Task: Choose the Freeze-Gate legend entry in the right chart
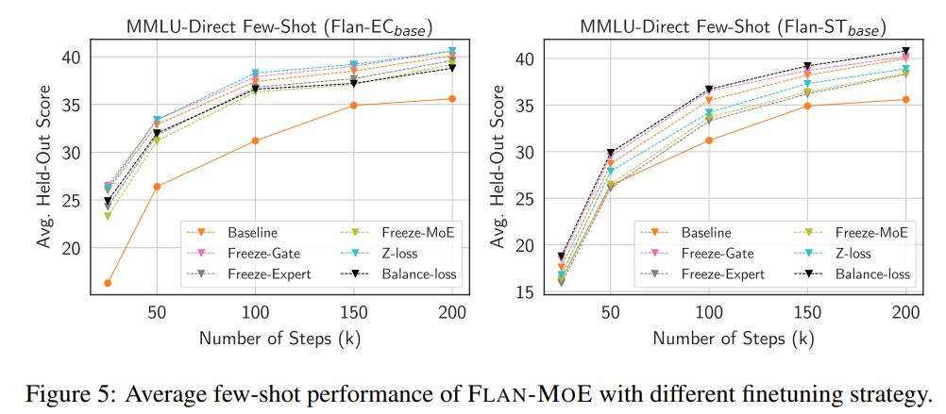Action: click(x=718, y=253)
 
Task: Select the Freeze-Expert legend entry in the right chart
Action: click(x=723, y=274)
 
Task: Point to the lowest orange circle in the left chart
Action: click(x=108, y=283)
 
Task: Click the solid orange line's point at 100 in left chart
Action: click(x=255, y=141)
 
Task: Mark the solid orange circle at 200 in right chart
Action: click(x=906, y=99)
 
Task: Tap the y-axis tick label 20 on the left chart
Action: click(x=73, y=248)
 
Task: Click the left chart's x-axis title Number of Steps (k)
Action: click(x=279, y=337)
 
